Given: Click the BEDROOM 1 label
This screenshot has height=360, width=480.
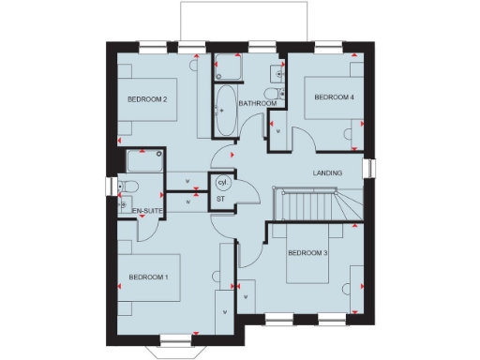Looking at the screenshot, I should (x=148, y=277).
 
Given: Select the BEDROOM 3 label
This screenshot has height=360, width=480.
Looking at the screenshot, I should (x=307, y=253).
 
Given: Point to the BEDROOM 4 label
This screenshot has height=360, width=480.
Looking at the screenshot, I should (x=334, y=97).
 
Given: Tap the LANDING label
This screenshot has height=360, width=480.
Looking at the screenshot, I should (x=327, y=173).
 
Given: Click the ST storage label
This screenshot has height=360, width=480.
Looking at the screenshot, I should (x=221, y=199).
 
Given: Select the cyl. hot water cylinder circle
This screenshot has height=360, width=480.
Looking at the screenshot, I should (x=222, y=183).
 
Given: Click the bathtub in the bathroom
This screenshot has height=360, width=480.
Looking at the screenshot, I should (x=226, y=109).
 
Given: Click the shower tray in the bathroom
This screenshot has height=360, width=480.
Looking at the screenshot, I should (x=228, y=67).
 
